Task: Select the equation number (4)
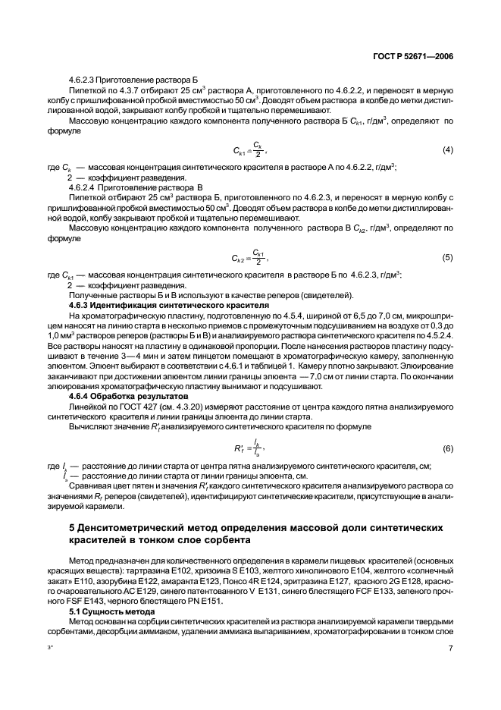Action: (x=448, y=149)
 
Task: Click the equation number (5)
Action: (x=448, y=257)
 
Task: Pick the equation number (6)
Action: (x=448, y=449)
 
